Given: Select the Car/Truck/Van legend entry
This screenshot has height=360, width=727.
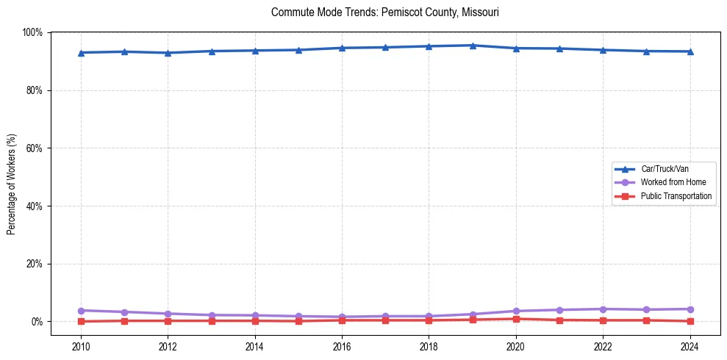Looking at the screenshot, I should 664,168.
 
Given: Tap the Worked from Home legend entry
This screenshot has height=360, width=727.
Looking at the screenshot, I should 673,182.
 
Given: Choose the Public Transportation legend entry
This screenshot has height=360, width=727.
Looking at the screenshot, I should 676,196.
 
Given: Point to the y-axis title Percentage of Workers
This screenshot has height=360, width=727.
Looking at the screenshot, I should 11,184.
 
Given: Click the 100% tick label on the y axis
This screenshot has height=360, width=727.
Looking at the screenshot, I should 32,32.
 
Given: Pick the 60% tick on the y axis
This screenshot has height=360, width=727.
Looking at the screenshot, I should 35,148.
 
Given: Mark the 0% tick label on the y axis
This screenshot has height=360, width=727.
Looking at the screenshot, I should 37,322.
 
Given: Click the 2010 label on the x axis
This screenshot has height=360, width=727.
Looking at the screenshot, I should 81,345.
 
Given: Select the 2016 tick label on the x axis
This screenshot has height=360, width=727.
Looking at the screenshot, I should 342,345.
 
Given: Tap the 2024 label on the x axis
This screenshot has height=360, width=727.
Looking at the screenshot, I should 690,345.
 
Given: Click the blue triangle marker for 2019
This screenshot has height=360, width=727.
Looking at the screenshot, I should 473,46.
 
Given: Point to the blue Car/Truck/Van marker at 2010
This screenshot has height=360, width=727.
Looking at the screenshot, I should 81,53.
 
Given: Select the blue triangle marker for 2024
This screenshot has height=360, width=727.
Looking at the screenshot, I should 690,51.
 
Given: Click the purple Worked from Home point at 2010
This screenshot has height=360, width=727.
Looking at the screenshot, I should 81,311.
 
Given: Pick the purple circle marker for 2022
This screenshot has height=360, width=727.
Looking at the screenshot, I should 603,309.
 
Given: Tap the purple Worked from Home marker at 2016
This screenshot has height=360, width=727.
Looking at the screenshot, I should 342,317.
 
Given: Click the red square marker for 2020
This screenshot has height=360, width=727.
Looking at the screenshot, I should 516,319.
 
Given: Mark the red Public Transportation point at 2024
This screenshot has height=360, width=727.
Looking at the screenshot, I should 690,321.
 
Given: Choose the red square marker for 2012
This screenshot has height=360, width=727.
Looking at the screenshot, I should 168,320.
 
